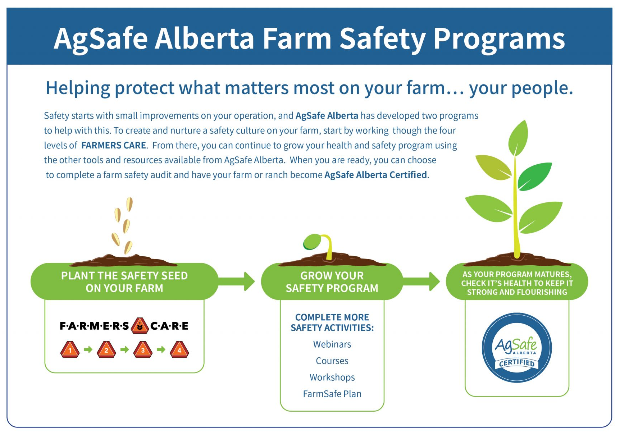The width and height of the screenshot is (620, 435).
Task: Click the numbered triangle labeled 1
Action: (70, 349)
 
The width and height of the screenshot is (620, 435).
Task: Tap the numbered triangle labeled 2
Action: (106, 349)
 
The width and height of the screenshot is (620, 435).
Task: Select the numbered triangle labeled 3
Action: (143, 349)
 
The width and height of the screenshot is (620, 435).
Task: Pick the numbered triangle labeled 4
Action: (179, 349)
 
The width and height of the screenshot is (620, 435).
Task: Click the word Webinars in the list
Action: (332, 344)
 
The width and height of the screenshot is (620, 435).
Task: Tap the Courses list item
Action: (332, 361)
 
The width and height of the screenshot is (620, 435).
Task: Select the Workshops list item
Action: (332, 377)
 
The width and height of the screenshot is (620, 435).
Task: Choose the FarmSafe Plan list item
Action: (332, 394)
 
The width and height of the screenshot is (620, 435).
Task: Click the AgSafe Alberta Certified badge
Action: (517, 348)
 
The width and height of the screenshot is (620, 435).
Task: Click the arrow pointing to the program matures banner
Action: (421, 281)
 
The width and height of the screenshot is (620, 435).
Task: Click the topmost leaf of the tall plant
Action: (518, 138)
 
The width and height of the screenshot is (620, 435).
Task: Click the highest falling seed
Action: (129, 204)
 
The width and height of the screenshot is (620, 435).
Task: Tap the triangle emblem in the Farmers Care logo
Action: (140, 326)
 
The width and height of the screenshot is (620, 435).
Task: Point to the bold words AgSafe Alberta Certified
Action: (376, 175)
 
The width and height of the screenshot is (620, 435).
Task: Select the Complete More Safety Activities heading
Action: (332, 322)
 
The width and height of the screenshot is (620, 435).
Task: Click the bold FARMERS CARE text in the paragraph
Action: (114, 145)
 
